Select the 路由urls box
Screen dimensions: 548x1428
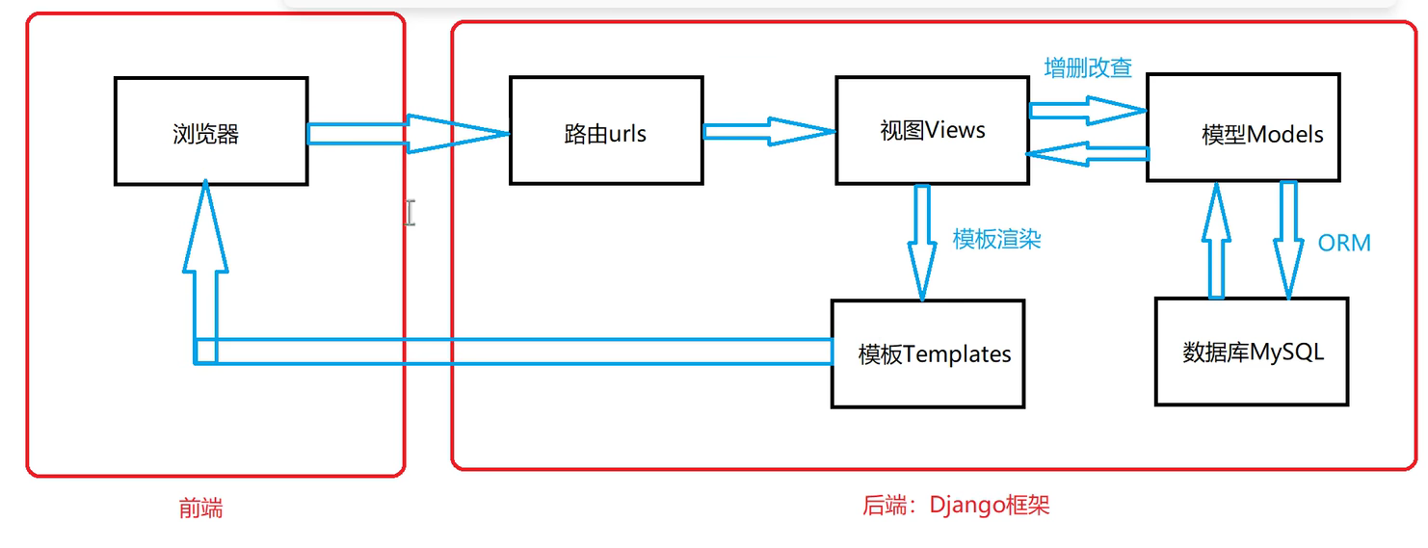click(x=605, y=131)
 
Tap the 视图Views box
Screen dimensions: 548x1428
click(x=931, y=131)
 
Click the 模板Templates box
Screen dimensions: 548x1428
click(x=928, y=353)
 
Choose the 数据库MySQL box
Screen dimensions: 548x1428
click(x=1251, y=352)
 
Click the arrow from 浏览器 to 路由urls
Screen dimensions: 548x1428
click(x=405, y=134)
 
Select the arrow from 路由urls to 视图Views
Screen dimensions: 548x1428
click(x=767, y=131)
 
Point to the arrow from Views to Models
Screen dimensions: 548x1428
click(x=1087, y=111)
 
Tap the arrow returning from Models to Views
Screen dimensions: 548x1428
click(x=1087, y=154)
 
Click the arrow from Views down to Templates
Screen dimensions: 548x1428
click(x=921, y=241)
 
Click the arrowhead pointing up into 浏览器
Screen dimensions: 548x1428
click(x=205, y=226)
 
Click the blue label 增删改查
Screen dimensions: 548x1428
click(x=1088, y=67)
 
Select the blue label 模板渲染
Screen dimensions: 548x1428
click(x=996, y=239)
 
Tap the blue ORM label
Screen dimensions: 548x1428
click(x=1344, y=243)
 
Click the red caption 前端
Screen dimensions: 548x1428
click(x=200, y=509)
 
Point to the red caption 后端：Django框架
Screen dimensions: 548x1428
click(x=955, y=505)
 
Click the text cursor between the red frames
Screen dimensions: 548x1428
click(x=410, y=213)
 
